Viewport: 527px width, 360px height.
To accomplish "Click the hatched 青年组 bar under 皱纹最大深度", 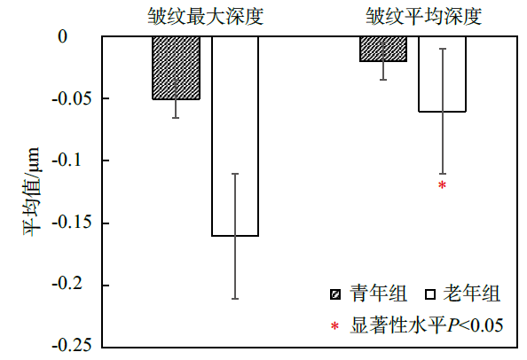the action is pyautogui.click(x=177, y=68).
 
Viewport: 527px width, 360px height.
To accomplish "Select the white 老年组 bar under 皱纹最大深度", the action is pyautogui.click(x=235, y=136).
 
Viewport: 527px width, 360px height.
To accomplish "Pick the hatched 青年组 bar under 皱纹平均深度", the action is pyautogui.click(x=383, y=49).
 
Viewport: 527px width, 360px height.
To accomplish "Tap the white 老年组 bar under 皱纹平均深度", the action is pyautogui.click(x=442, y=74).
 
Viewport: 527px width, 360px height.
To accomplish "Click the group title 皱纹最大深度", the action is pyautogui.click(x=206, y=16).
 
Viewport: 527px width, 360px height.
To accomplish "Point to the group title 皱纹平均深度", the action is pyautogui.click(x=424, y=16).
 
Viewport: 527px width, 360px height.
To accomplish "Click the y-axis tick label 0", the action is pyautogui.click(x=62, y=36).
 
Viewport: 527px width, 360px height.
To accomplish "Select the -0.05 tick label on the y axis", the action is pyautogui.click(x=72, y=98).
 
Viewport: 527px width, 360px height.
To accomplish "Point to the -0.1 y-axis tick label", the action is pyautogui.click(x=67, y=160).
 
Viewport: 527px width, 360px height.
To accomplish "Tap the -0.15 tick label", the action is pyautogui.click(x=72, y=223).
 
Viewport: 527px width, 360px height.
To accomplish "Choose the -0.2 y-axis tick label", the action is pyautogui.click(x=67, y=286).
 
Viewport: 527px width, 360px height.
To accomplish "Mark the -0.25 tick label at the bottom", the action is pyautogui.click(x=72, y=345).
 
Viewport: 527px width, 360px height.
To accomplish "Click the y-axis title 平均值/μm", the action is pyautogui.click(x=31, y=192).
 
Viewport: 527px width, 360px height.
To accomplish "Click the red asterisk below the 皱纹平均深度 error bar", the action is pyautogui.click(x=443, y=185).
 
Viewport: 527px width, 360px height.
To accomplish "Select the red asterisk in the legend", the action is pyautogui.click(x=334, y=326).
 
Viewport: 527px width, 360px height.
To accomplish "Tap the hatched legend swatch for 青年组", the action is pyautogui.click(x=335, y=294).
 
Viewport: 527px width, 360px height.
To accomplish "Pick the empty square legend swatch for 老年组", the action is pyautogui.click(x=430, y=294).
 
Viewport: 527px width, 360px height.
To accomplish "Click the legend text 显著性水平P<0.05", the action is pyautogui.click(x=427, y=325).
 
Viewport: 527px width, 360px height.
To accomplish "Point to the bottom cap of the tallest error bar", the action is pyautogui.click(x=235, y=299).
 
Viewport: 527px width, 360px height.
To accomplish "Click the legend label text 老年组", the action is pyautogui.click(x=471, y=293).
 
